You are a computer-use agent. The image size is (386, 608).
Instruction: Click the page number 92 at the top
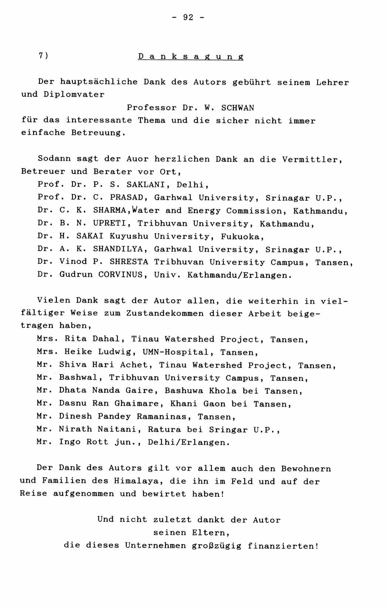(188, 17)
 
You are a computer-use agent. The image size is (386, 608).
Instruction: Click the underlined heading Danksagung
(191, 57)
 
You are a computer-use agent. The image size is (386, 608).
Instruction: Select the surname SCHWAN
(238, 108)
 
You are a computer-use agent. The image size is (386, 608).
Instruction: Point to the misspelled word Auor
(138, 159)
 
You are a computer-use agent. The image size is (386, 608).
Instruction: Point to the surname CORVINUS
(121, 275)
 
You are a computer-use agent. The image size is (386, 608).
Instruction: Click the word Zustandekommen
(165, 313)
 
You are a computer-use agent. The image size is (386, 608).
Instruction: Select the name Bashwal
(80, 378)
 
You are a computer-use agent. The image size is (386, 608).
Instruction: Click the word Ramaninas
(162, 417)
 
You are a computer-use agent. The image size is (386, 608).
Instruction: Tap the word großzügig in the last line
(217, 546)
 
